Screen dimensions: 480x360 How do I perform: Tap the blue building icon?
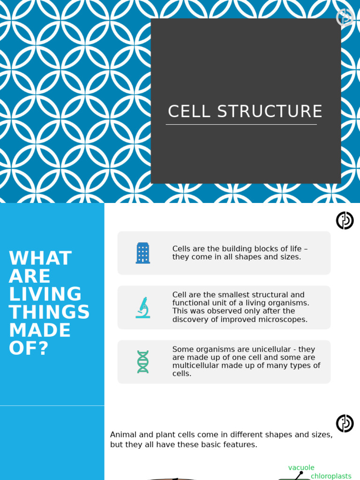click(x=143, y=253)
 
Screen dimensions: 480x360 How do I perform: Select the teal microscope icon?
click(x=143, y=307)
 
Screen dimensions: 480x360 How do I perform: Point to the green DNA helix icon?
click(x=143, y=362)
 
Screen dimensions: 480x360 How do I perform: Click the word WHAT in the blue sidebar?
click(x=40, y=258)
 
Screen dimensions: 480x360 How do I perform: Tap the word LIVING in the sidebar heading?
click(x=45, y=294)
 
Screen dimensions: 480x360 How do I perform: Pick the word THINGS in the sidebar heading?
click(x=49, y=312)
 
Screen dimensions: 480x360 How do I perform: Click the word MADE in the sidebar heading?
click(x=40, y=330)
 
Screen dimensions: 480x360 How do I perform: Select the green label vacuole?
click(x=301, y=468)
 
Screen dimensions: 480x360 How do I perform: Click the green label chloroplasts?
click(x=331, y=476)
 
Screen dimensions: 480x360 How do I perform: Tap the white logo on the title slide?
click(x=345, y=17)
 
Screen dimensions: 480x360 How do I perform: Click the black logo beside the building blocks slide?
click(x=345, y=220)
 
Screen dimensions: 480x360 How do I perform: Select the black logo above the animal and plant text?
click(x=345, y=423)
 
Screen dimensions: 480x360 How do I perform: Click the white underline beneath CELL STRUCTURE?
click(x=241, y=125)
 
